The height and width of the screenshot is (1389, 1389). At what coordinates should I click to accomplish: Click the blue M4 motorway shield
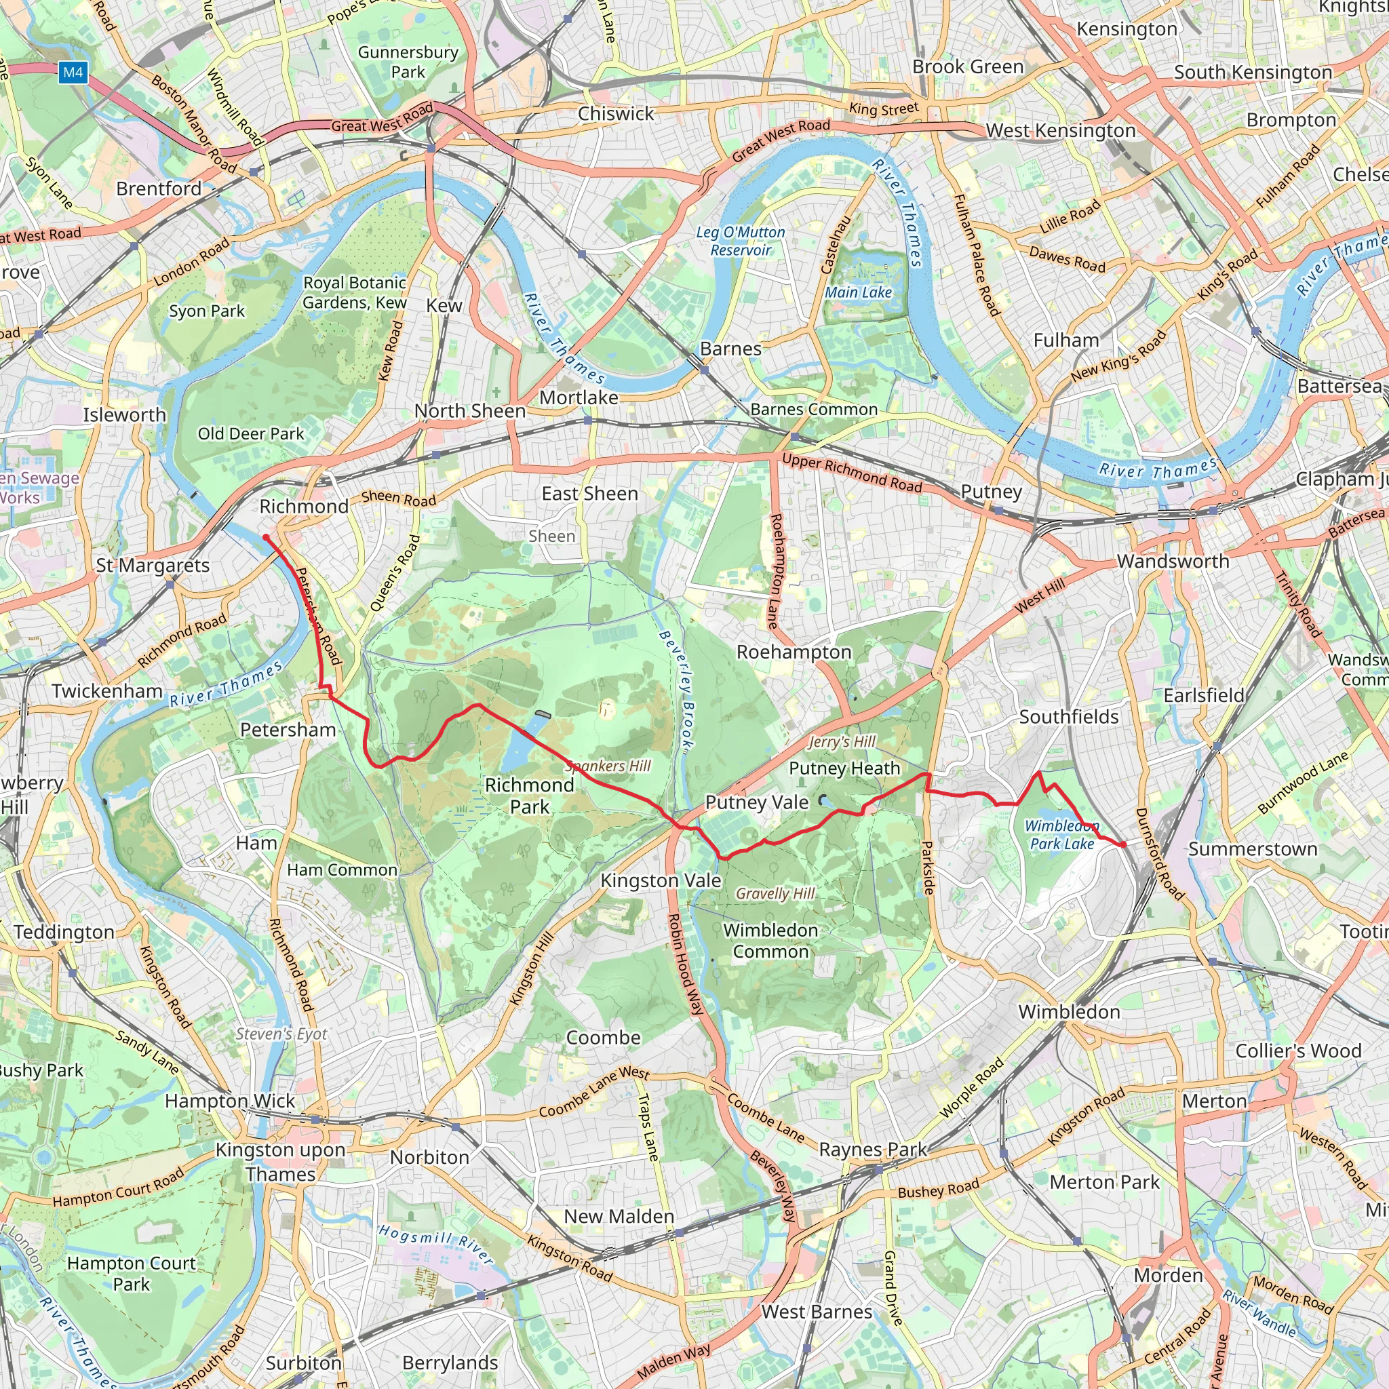[73, 72]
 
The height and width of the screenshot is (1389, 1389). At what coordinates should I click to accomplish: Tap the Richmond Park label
[529, 795]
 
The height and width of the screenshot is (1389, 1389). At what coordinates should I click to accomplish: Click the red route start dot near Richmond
[266, 537]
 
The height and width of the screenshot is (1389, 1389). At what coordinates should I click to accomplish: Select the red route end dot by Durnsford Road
[1122, 844]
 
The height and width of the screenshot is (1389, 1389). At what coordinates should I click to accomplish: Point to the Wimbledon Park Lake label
[1062, 835]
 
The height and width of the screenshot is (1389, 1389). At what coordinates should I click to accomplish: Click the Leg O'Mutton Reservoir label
[741, 241]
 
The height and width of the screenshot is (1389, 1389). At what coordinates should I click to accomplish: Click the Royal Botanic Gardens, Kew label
[355, 292]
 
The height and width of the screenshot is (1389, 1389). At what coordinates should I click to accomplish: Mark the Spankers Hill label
[608, 766]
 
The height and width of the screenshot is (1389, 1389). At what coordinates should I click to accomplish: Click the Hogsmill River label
[435, 1245]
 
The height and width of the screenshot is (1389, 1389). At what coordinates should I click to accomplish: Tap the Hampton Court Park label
[132, 1273]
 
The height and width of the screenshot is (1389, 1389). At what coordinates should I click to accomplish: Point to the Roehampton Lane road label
[775, 572]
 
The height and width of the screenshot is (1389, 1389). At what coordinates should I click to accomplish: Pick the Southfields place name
[1068, 716]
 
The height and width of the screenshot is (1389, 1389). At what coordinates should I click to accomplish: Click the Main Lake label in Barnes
[858, 292]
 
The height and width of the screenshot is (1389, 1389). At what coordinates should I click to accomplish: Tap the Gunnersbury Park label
[408, 62]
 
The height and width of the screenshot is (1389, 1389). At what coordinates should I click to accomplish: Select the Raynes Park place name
[874, 1149]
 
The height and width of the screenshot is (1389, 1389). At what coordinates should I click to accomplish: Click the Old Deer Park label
[251, 433]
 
